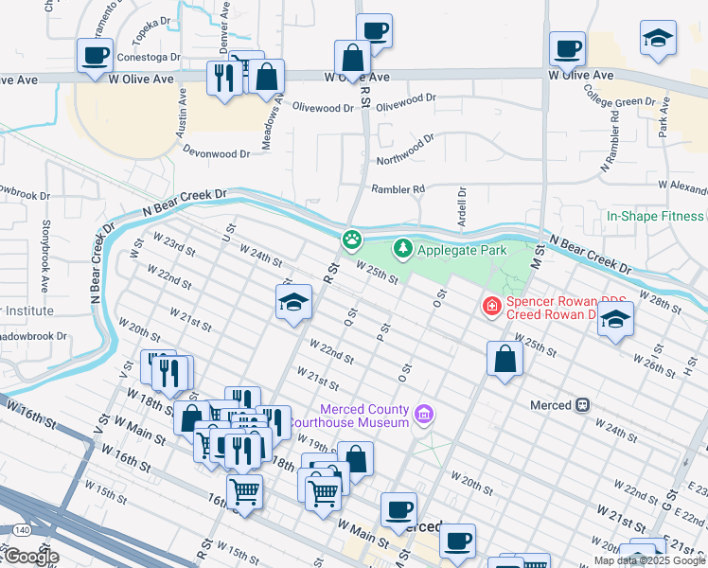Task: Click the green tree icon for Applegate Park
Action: click(404, 249)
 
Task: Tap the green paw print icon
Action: click(352, 240)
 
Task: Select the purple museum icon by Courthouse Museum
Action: click(424, 415)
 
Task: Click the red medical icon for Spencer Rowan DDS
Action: click(491, 306)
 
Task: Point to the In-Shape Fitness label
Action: click(655, 216)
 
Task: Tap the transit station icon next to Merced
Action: click(583, 405)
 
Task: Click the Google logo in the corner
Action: click(30, 557)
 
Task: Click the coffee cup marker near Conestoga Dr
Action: click(95, 56)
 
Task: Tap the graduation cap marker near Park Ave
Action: click(658, 39)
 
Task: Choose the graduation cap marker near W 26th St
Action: click(614, 322)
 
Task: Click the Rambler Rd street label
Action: click(398, 189)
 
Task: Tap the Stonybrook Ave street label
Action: click(44, 256)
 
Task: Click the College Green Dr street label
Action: click(620, 96)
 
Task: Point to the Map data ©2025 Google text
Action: click(650, 560)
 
